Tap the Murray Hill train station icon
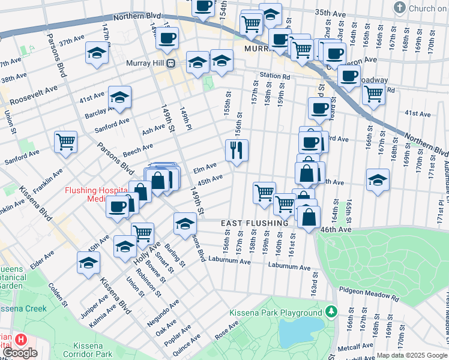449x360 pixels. coord(170,64)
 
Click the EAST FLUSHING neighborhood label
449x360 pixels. coord(255,223)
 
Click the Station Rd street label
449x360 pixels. coord(275,77)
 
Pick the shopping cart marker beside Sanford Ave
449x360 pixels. coord(65,142)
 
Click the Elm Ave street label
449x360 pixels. coord(205,169)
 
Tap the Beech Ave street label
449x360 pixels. coord(139,148)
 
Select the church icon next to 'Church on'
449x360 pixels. coord(399,8)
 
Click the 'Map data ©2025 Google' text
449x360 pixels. coord(411,355)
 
